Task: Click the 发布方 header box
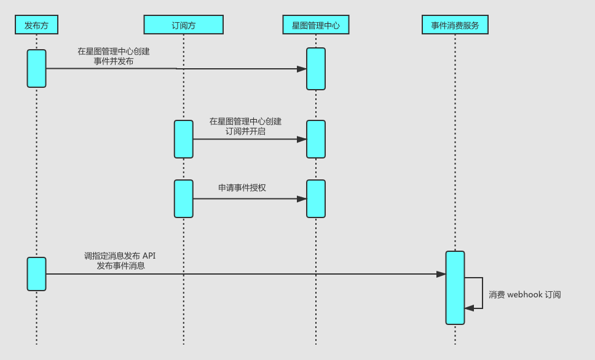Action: tap(36, 25)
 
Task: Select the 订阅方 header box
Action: tap(183, 25)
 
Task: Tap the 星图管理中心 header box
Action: tap(316, 25)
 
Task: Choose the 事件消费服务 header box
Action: tap(455, 25)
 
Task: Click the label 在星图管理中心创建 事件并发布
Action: tap(114, 57)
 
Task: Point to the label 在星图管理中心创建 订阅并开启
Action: tap(245, 126)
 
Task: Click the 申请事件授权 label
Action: tap(242, 187)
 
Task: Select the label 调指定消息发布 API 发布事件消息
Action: tap(124, 260)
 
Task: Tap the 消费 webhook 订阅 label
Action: tap(524, 295)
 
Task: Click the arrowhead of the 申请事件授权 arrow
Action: tap(302, 199)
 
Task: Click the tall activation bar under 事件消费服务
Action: tap(455, 288)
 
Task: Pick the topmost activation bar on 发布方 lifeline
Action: tap(36, 68)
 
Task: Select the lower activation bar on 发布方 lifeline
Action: tap(36, 274)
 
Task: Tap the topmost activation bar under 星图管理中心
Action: tap(316, 69)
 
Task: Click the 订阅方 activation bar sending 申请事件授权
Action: tap(183, 198)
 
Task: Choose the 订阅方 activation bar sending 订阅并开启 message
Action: tap(183, 139)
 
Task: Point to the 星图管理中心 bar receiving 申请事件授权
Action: tap(316, 198)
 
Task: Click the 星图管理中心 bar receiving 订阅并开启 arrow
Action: tap(316, 139)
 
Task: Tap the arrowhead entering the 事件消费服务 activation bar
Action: tap(441, 274)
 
